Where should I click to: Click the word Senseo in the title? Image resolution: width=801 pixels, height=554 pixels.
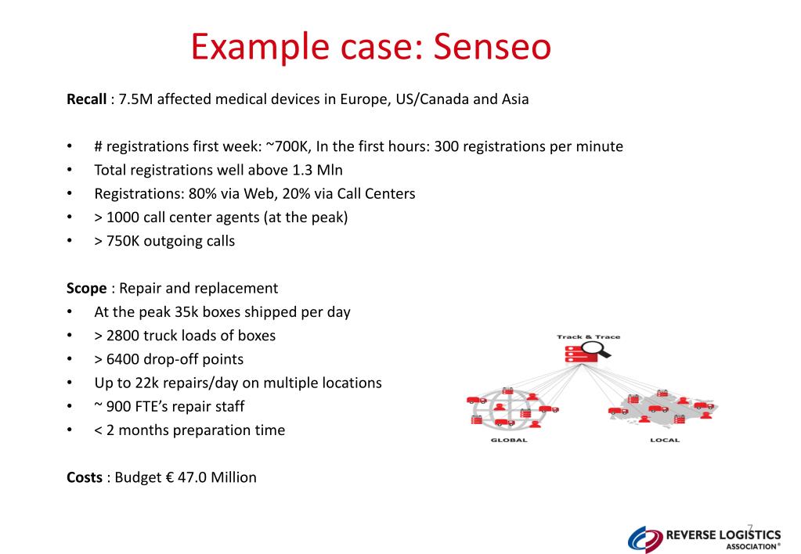(x=493, y=48)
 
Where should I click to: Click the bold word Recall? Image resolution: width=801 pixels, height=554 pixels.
(x=86, y=99)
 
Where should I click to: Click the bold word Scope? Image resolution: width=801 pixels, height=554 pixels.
(x=86, y=288)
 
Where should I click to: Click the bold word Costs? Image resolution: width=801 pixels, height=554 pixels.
(x=85, y=477)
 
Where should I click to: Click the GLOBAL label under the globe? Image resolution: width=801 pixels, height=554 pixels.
(x=509, y=441)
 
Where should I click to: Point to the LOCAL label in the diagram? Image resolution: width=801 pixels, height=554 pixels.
(x=665, y=441)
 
